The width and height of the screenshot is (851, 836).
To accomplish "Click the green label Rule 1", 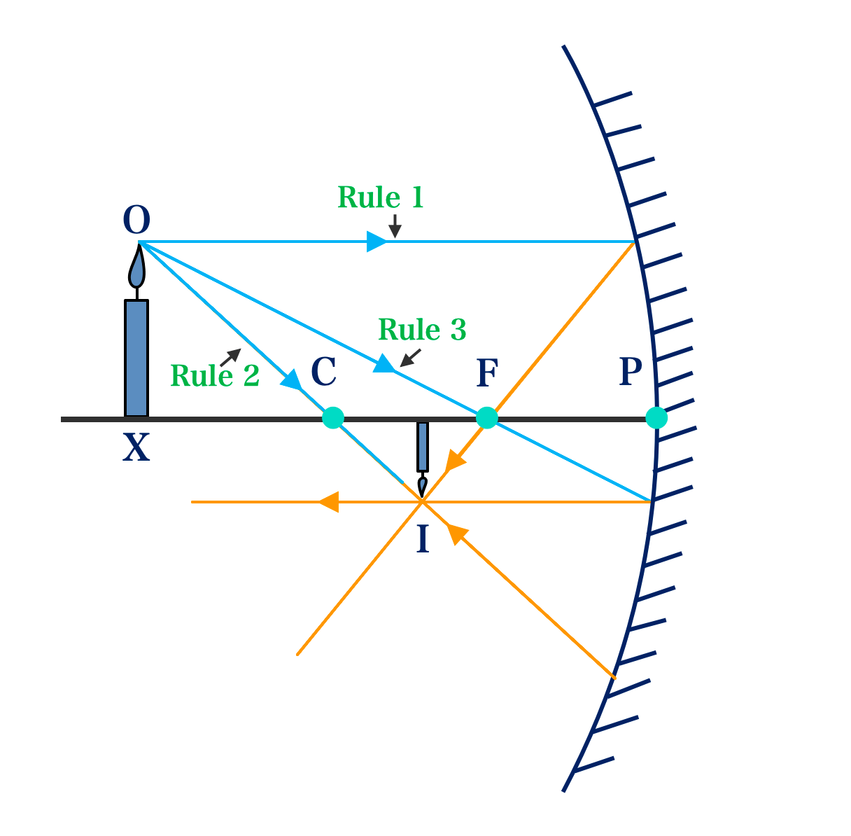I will (x=381, y=198).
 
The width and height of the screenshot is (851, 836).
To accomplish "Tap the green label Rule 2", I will (x=215, y=376).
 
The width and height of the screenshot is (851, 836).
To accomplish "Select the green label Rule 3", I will (x=422, y=330).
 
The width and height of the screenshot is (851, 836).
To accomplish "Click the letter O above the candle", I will (x=136, y=221).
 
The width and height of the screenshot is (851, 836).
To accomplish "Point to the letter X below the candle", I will (x=136, y=448).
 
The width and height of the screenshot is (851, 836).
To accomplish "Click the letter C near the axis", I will (x=324, y=372).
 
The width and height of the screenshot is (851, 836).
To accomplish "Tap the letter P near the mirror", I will (x=631, y=372).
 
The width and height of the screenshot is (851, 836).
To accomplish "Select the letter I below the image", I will (x=423, y=540).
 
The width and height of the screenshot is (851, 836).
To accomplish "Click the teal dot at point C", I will (x=333, y=418).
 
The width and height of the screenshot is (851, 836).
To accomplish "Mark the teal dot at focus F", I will (x=487, y=418).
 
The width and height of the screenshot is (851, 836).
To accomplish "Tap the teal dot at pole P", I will (x=656, y=418).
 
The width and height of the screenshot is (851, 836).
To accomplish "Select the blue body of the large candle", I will (x=136, y=358).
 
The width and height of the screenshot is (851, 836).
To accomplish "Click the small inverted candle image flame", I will (x=422, y=485).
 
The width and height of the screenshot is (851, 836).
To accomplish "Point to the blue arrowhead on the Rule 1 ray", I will (x=377, y=242).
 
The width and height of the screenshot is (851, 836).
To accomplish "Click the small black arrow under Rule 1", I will (x=395, y=226).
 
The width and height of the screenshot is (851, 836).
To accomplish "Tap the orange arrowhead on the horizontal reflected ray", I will (x=328, y=502).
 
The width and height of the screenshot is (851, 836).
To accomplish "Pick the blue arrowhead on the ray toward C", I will (x=292, y=380).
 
